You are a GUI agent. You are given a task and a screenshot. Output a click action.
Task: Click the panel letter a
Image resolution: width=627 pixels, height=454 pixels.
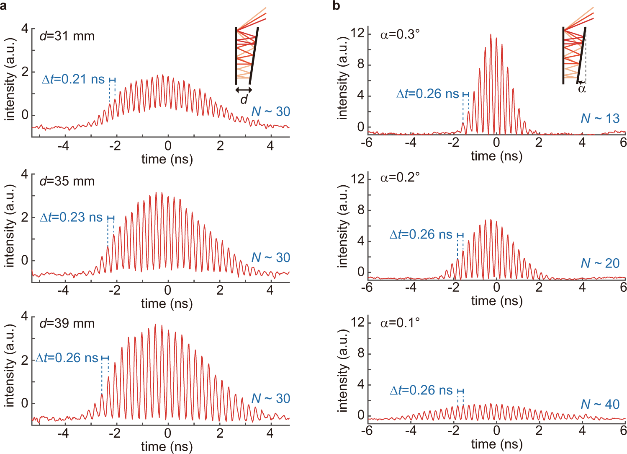pyautogui.click(x=4, y=6)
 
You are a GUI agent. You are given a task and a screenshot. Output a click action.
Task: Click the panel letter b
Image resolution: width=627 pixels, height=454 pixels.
pyautogui.click(x=336, y=6)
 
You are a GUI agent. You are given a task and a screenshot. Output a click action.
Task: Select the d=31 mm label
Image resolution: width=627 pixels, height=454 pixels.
pyautogui.click(x=67, y=36)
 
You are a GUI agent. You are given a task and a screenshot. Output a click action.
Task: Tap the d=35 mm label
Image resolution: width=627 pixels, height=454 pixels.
pyautogui.click(x=67, y=181)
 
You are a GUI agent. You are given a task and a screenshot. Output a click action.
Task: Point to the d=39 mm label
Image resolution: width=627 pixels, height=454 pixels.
pyautogui.click(x=67, y=323)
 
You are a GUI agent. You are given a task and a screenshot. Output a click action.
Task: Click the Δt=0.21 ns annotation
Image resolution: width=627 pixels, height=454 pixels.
pyautogui.click(x=73, y=79)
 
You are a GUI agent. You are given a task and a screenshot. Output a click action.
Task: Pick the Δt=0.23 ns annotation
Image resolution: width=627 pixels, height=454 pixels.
pyautogui.click(x=71, y=217)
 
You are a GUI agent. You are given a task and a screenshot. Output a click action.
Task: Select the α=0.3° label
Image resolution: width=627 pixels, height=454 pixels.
pyautogui.click(x=400, y=34)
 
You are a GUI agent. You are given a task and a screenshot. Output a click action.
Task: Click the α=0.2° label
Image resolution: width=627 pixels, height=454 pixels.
pyautogui.click(x=400, y=177)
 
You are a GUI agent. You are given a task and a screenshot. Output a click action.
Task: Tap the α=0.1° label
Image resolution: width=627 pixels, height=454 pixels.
pyautogui.click(x=400, y=322)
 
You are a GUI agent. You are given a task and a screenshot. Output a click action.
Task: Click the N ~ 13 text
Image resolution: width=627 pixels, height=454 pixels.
pyautogui.click(x=600, y=119)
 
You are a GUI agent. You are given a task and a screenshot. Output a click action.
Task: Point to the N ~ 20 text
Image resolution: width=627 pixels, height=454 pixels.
pyautogui.click(x=600, y=263)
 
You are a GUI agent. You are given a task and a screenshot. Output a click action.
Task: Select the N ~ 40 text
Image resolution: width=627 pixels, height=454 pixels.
pyautogui.click(x=600, y=404)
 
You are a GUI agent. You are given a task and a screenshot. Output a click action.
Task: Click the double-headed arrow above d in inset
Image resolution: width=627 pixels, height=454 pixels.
pyautogui.click(x=244, y=90)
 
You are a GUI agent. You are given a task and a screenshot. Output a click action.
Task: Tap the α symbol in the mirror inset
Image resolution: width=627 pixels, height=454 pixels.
pyautogui.click(x=582, y=88)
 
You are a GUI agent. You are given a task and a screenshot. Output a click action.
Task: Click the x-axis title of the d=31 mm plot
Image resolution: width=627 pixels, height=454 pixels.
pyautogui.click(x=167, y=159)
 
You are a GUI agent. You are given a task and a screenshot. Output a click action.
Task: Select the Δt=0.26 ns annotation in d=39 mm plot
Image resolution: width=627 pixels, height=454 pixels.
pyautogui.click(x=67, y=358)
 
